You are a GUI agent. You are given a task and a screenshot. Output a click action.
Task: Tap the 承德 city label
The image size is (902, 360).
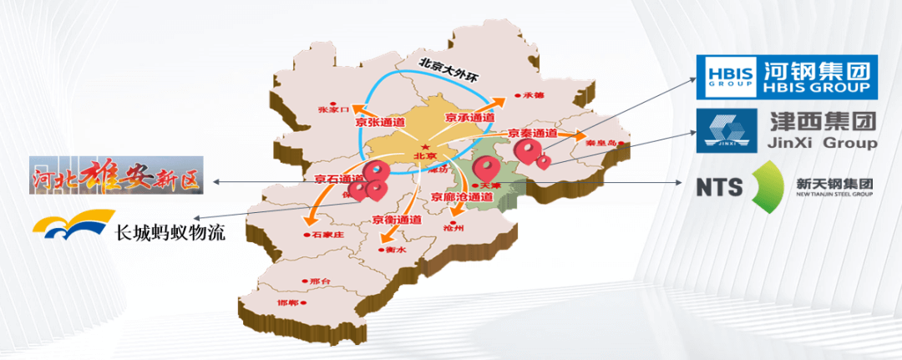533,95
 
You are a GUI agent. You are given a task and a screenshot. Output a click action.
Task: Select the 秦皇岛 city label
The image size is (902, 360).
601,143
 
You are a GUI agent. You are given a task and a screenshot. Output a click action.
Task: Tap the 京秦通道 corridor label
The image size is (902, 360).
533,134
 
